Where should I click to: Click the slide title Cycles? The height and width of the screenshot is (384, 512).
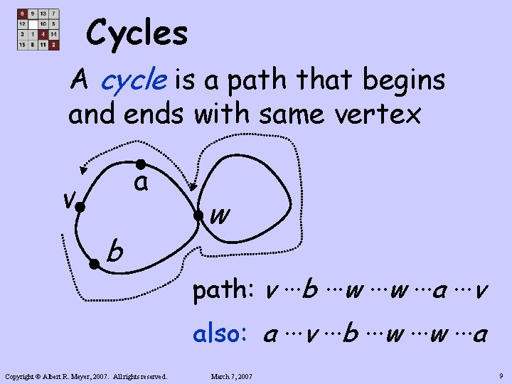coord(137,33)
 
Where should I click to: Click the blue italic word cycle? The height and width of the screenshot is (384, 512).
coord(134,81)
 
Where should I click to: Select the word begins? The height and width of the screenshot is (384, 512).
coord(404,81)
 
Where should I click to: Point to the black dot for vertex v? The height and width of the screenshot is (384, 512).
coord(80,208)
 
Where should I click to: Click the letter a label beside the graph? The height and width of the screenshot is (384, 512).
coord(142,183)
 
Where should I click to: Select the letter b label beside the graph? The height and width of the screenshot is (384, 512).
coord(114,250)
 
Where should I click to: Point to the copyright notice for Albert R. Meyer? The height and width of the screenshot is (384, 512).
coord(85,375)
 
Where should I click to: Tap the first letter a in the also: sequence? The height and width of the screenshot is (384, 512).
coord(271,335)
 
